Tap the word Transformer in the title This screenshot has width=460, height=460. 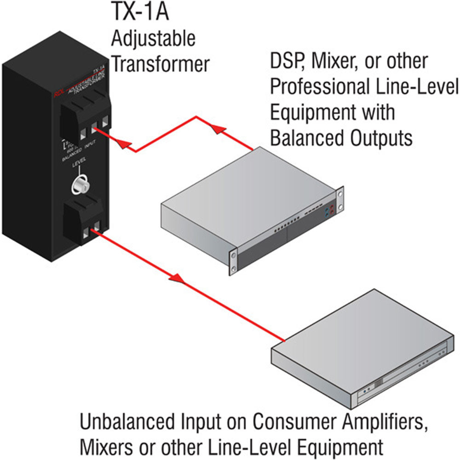click(x=161, y=64)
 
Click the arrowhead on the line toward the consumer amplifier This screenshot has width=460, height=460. click(x=177, y=277)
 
